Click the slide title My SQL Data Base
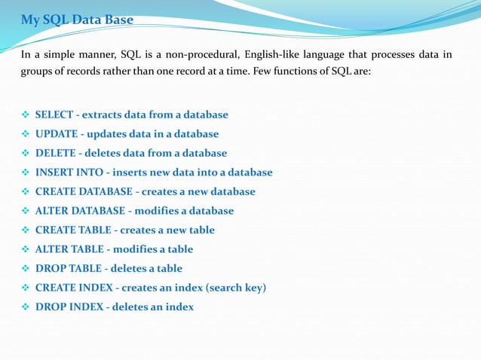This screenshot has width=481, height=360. click(x=77, y=20)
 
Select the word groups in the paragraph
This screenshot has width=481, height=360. click(x=36, y=73)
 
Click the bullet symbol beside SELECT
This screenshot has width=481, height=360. click(x=26, y=115)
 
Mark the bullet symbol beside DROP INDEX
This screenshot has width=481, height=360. click(x=26, y=307)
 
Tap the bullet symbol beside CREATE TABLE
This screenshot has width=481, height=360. click(x=26, y=230)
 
